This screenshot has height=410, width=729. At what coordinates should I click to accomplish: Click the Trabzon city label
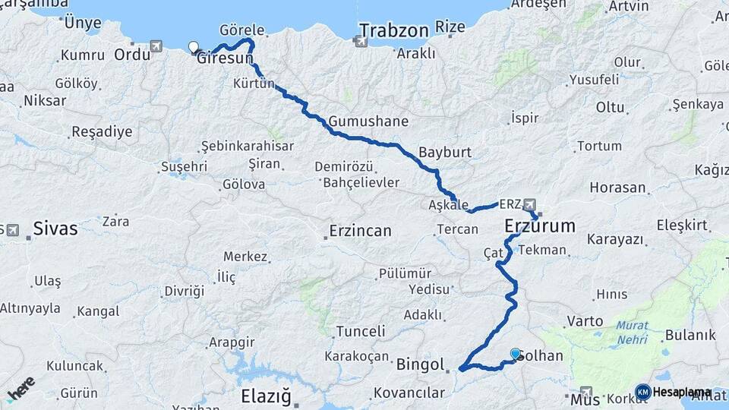pos(394,30)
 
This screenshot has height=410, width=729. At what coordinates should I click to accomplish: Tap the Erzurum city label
pos(540,225)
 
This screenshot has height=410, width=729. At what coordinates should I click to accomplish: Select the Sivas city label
pos(55,228)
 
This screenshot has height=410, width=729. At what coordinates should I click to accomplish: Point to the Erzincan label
pos(360,230)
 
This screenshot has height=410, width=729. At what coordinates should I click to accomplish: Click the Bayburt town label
pos(445,152)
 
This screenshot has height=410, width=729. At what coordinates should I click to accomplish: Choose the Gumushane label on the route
pos(369,121)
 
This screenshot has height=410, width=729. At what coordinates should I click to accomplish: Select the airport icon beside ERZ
pos(529,204)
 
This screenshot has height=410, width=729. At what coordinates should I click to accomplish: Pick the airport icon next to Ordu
pos(156,46)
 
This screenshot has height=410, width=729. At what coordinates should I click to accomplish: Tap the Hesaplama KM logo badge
pos(643,392)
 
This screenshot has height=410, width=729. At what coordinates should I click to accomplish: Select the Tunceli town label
pos(360,331)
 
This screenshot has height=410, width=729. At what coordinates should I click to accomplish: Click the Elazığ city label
pos(265,396)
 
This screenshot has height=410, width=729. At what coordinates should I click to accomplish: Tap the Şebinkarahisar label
pos(247,146)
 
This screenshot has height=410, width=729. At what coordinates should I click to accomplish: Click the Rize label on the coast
pos(450,27)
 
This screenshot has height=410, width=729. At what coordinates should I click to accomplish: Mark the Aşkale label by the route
pos(448,206)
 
